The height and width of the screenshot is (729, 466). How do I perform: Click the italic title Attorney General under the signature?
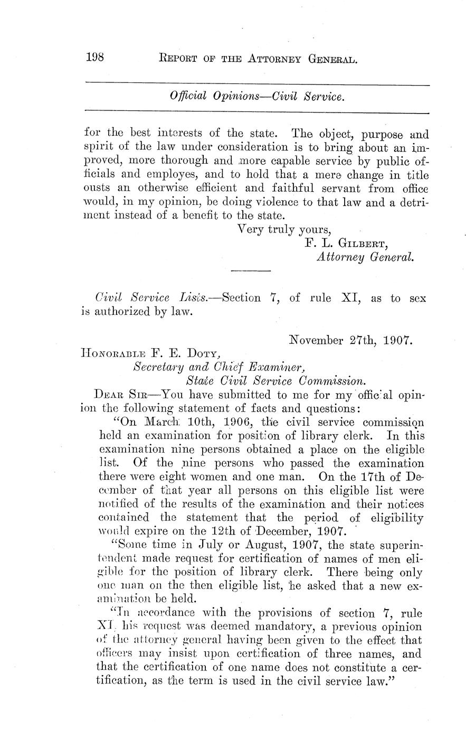tap(365, 257)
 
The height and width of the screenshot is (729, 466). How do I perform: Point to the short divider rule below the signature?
tap(251, 272)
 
